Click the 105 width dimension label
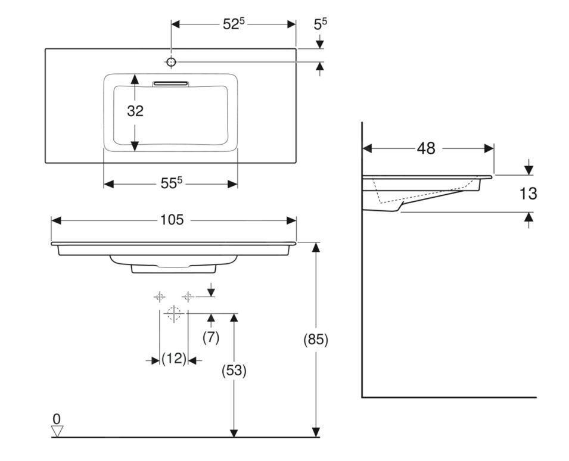[172, 220]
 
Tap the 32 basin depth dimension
[135, 111]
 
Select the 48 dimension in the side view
[426, 148]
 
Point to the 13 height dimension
[527, 194]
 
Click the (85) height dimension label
[316, 339]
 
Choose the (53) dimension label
[234, 370]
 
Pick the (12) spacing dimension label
[174, 359]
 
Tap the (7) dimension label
[211, 337]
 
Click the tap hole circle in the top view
[171, 62]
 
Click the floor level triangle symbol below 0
[57, 431]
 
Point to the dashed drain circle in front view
[173, 313]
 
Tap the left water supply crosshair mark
[160, 297]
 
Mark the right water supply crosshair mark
[188, 297]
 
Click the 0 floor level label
[57, 419]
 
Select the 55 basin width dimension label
[170, 183]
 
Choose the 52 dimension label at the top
[234, 24]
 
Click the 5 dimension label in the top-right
[321, 24]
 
